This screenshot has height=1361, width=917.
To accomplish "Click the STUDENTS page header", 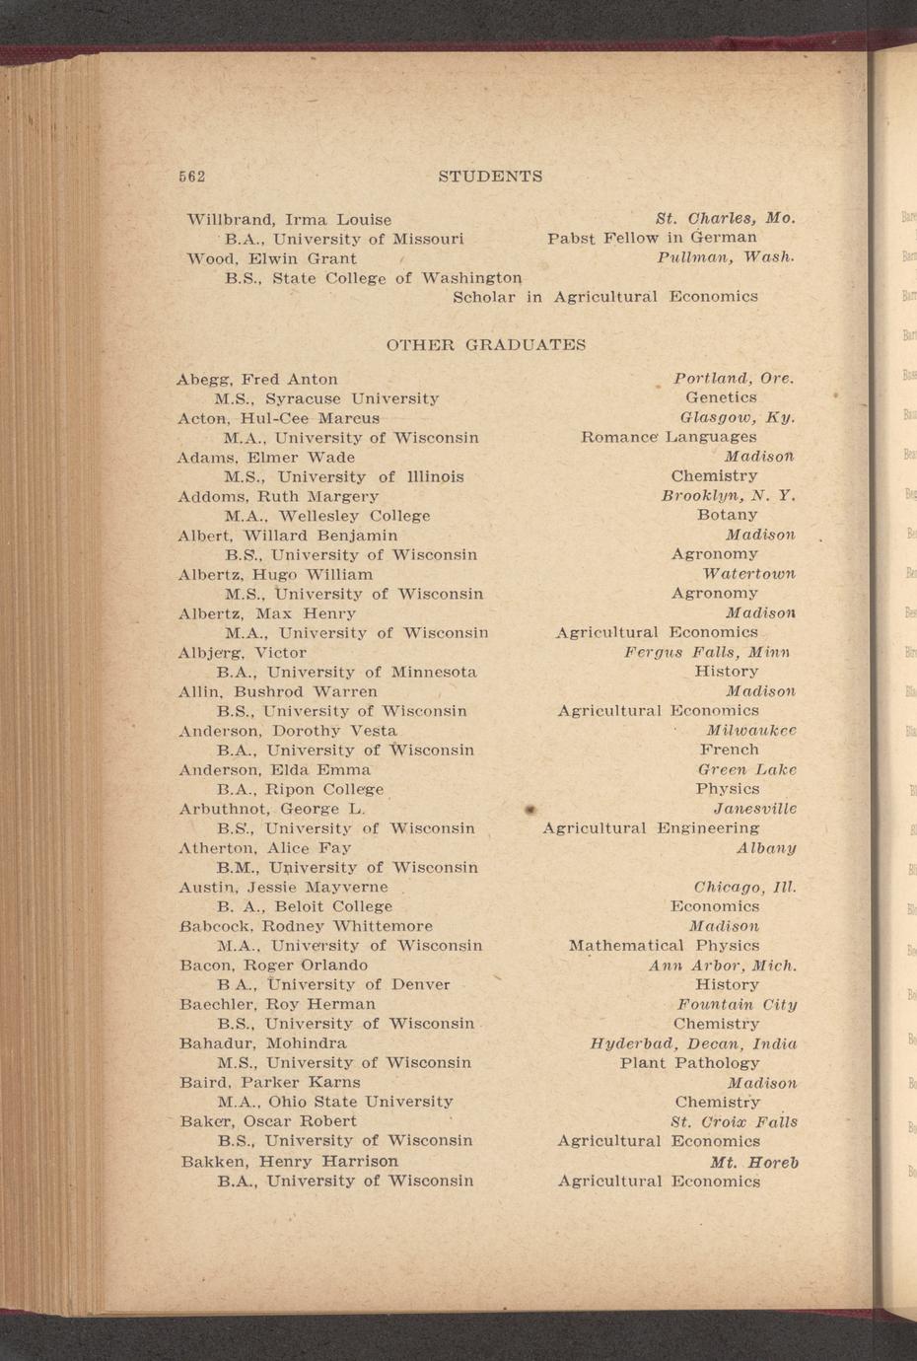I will point(489,177).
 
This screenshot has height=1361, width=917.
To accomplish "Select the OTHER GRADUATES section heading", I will point(485,345).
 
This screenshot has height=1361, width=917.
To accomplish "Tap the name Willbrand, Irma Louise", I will point(289,219).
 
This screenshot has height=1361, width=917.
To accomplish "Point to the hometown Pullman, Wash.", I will point(725,257).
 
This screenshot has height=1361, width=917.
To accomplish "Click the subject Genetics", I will point(721,397).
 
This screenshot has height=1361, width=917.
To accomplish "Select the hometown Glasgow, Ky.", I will point(738,417).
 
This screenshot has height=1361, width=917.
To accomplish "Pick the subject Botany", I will point(727,515).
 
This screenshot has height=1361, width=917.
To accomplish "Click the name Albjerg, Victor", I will point(243,652).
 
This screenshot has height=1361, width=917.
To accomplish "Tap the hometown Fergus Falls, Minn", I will point(707,652).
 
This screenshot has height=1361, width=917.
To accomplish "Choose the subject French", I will point(729,750).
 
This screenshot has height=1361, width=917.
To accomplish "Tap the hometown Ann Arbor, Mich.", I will point(722,966).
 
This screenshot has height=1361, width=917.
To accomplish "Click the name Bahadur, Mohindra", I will point(263,1043).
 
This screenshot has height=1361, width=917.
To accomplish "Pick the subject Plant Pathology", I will point(689,1063).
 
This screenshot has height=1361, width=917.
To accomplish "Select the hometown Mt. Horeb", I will point(753,1162).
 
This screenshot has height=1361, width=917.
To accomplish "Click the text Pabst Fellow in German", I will point(652,238).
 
